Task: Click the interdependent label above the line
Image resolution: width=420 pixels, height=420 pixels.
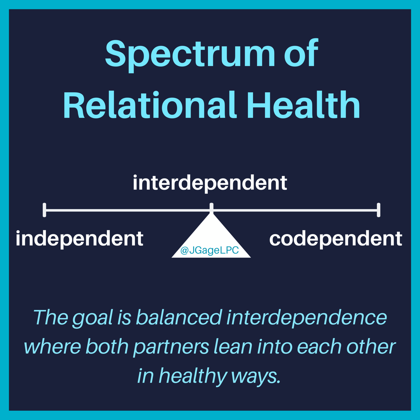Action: pos(210,183)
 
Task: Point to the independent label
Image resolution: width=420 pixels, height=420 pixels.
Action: pos(80,238)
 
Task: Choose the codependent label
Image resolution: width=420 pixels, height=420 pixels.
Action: pos(336,238)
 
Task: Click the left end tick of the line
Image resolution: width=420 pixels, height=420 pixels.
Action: pos(45,210)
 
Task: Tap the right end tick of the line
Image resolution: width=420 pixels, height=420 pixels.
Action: pos(378,210)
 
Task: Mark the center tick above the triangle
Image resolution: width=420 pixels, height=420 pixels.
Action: pos(211,208)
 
